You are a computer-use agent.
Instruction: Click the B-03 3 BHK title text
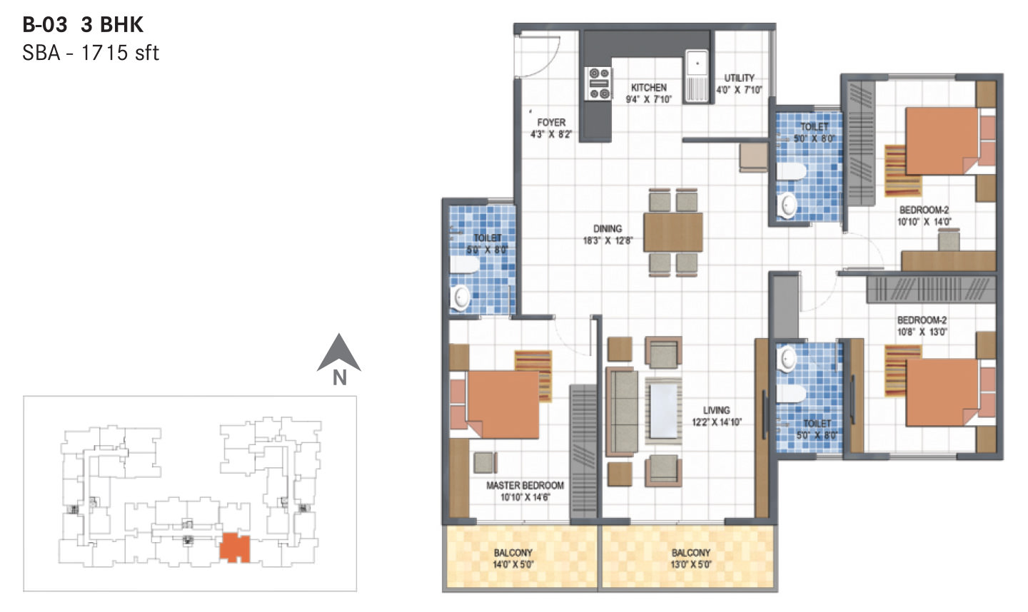click(83, 25)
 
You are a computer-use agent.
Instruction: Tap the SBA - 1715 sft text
click(91, 53)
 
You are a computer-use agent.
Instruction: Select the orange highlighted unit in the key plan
click(234, 547)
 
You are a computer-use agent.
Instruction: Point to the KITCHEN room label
click(648, 87)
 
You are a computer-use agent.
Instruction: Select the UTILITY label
click(739, 78)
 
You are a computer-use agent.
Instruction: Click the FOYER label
click(551, 123)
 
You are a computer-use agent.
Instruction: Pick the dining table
click(672, 232)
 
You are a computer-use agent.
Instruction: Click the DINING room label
click(608, 228)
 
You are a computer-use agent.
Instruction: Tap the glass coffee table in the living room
click(664, 411)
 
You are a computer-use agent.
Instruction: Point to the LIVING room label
click(716, 410)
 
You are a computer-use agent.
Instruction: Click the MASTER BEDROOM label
click(525, 486)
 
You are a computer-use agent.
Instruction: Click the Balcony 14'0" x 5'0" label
click(513, 559)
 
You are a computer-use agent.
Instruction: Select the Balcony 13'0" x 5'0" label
click(691, 559)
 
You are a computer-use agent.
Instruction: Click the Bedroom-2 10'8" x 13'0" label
click(922, 325)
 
